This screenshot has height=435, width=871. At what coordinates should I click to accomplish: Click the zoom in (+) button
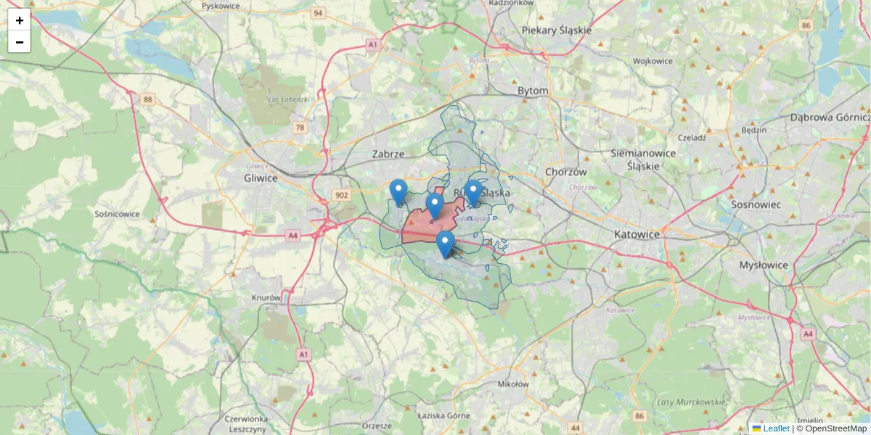[x=20, y=20]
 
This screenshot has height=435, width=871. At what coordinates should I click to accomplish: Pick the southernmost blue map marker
[x=445, y=244]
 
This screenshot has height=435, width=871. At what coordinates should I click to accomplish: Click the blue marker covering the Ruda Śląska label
[x=473, y=193]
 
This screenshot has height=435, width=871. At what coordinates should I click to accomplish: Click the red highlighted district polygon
[x=421, y=226]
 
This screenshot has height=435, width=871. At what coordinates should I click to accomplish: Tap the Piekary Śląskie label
[x=557, y=30]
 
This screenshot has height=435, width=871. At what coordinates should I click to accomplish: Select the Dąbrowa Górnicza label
[x=830, y=117]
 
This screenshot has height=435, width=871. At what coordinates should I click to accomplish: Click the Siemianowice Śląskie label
[x=643, y=159]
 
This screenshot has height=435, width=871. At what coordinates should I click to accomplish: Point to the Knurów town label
[x=266, y=298]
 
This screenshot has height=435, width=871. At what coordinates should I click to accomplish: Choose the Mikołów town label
[x=513, y=384]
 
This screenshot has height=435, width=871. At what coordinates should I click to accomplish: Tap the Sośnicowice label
[x=117, y=214]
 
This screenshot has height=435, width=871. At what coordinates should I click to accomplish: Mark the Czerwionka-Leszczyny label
[x=248, y=423]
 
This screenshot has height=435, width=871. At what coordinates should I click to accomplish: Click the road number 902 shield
[x=340, y=195]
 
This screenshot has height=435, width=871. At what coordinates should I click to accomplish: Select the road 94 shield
[x=317, y=13]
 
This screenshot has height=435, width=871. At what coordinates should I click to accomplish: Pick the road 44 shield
[x=576, y=427]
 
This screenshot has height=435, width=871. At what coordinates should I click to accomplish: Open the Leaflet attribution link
[x=775, y=428]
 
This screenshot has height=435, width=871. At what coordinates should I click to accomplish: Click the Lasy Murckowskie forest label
[x=691, y=402]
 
